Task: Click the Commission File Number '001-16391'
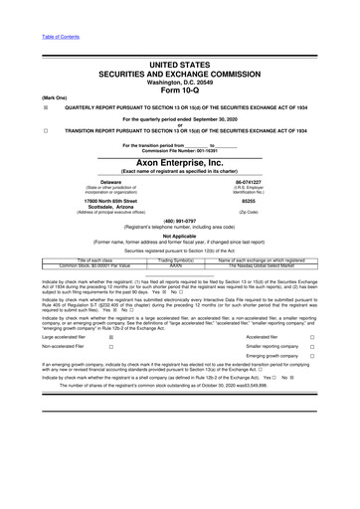(201, 150)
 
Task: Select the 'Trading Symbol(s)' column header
(179, 260)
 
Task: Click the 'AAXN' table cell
(179, 266)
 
